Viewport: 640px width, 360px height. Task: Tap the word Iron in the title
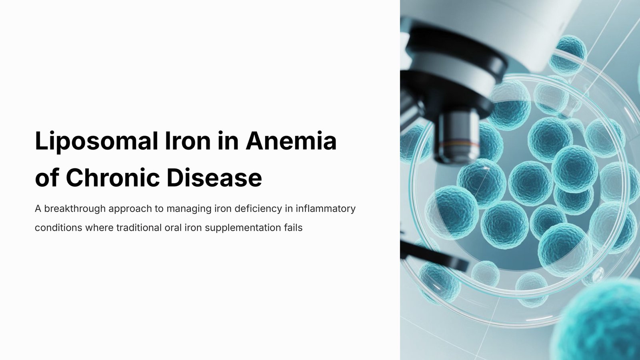pyautogui.click(x=188, y=140)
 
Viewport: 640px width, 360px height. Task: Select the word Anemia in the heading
pyautogui.click(x=291, y=140)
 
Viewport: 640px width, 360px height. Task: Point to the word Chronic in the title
pyautogui.click(x=112, y=178)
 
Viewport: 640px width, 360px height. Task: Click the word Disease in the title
pyautogui.click(x=214, y=178)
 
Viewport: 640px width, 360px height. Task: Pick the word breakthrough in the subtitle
pyautogui.click(x=75, y=208)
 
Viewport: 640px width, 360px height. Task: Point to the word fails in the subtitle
pyautogui.click(x=293, y=228)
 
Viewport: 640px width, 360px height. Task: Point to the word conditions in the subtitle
pyautogui.click(x=58, y=228)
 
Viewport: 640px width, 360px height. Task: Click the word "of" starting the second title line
pyautogui.click(x=47, y=178)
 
